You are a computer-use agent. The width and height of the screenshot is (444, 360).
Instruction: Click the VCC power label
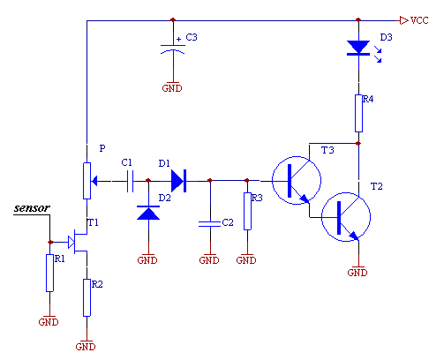(419, 20)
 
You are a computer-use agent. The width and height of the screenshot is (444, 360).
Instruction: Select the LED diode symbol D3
(358, 49)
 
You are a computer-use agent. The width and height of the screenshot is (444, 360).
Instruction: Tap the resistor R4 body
(358, 113)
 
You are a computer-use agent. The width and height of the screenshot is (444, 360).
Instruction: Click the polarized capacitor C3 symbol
(173, 49)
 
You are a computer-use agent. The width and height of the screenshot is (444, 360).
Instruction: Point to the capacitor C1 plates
(130, 181)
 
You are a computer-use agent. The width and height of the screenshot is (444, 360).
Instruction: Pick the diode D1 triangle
(177, 181)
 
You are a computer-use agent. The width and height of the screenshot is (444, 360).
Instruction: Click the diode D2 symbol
(148, 213)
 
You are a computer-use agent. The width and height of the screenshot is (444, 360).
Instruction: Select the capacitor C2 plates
(210, 224)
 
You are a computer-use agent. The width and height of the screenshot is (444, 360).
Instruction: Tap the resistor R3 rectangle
(247, 211)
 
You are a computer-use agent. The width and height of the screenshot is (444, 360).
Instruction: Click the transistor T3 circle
(272, 181)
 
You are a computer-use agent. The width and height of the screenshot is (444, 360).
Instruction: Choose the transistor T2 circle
(321, 217)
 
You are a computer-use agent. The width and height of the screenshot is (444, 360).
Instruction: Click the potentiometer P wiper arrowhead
(94, 181)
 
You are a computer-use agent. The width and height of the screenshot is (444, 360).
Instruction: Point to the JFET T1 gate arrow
(71, 242)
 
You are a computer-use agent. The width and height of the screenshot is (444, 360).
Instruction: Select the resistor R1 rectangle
(49, 273)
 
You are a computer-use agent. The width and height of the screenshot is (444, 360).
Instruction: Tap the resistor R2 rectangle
(87, 297)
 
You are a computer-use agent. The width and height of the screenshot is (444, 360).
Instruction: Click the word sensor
(32, 208)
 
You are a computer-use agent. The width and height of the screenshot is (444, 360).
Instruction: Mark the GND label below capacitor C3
(172, 88)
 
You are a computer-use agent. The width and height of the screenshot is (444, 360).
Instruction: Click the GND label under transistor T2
(357, 273)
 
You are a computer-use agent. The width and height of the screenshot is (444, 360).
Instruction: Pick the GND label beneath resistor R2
(86, 347)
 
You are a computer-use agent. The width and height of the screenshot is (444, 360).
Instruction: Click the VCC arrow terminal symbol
(403, 20)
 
